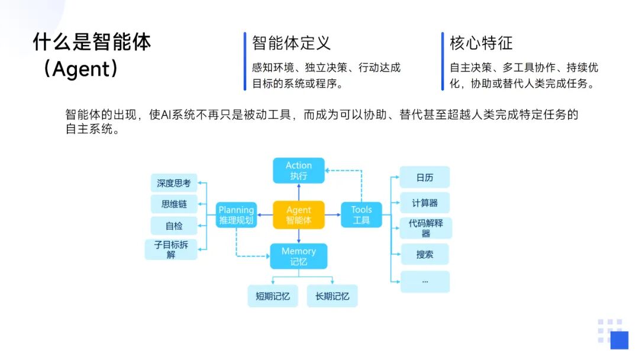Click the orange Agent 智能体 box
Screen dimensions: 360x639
click(299, 215)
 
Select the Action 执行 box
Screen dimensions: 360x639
click(299, 171)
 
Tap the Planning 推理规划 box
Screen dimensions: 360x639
click(236, 215)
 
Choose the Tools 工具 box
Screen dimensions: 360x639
click(362, 215)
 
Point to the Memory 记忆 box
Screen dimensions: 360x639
click(299, 256)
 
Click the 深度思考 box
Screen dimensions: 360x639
click(174, 183)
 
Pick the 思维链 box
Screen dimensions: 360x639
click(174, 204)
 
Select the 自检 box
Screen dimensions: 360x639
click(174, 226)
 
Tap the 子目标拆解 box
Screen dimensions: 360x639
click(171, 249)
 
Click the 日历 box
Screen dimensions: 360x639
click(425, 177)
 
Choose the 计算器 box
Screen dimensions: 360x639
click(425, 202)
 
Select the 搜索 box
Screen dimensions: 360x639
click(425, 254)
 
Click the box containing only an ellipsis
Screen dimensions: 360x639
click(425, 281)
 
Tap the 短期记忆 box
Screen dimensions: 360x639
click(273, 296)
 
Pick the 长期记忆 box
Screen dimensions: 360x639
click(332, 296)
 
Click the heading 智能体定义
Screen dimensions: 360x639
click(291, 43)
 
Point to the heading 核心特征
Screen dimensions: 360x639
click(481, 43)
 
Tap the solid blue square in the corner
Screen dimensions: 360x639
click(619, 340)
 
